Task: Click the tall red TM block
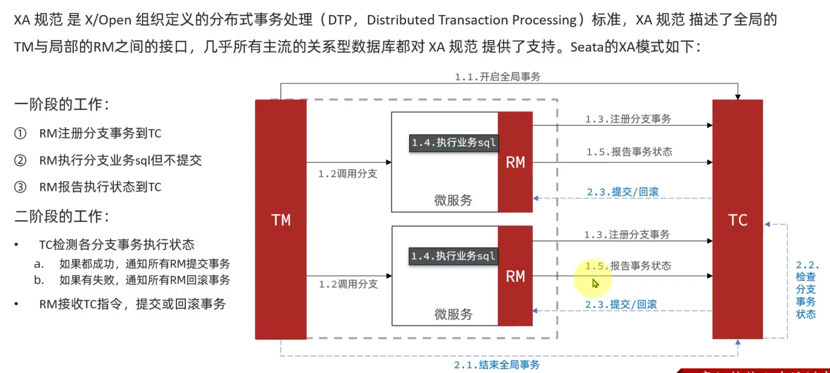click(x=281, y=219)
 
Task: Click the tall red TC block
click(x=737, y=219)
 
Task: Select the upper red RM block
click(x=515, y=162)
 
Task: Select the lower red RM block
click(x=515, y=276)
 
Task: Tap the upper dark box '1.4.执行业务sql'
click(x=454, y=143)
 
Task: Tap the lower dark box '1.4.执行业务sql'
click(x=453, y=256)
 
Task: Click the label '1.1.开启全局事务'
click(x=498, y=77)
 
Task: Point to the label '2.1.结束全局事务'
click(x=497, y=365)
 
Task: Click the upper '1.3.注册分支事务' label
click(x=628, y=119)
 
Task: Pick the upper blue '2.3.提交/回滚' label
click(x=622, y=192)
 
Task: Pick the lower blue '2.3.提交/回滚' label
click(x=620, y=304)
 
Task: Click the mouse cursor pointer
click(x=595, y=283)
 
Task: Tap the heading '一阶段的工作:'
click(x=61, y=104)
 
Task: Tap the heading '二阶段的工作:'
click(x=61, y=216)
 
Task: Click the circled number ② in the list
click(x=20, y=160)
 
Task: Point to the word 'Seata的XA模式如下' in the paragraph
click(x=631, y=47)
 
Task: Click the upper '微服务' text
click(x=453, y=200)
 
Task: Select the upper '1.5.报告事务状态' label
click(x=629, y=152)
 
